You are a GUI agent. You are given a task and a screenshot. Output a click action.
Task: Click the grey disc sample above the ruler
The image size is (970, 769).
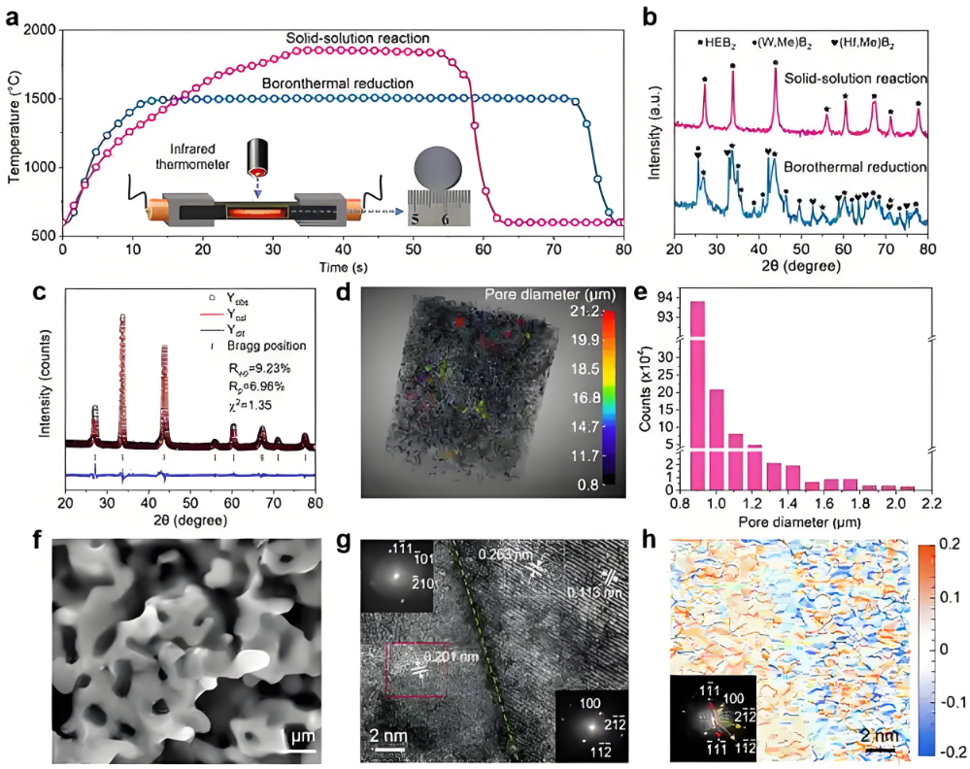point(443,173)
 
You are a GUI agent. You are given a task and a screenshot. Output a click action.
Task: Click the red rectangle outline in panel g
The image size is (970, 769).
point(419,669)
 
